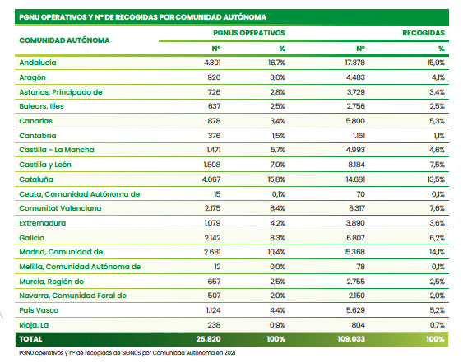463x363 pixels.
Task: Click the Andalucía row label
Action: [38, 63]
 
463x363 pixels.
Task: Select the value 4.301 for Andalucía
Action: [212, 63]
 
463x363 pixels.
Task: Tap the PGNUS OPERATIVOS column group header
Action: [249, 33]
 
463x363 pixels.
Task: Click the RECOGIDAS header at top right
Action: [424, 33]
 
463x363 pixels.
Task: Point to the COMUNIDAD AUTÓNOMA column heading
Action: [64, 40]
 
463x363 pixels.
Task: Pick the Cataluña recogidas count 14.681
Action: [355, 179]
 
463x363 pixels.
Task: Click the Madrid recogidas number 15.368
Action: [354, 252]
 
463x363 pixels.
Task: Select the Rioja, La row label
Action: [34, 325]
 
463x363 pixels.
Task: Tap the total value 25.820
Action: [208, 339]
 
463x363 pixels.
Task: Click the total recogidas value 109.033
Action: [351, 339]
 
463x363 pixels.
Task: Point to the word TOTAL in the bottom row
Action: [30, 339]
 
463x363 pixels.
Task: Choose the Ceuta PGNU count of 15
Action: [217, 194]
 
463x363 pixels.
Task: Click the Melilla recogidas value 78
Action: [360, 267]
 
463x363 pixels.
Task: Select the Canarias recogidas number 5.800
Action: [355, 121]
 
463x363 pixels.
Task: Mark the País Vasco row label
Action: [39, 310]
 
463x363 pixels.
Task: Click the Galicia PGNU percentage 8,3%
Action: [277, 238]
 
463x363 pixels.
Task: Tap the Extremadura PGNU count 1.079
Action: [212, 223]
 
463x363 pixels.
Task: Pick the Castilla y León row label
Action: [45, 165]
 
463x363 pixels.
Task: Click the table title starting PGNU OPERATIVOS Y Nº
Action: [142, 17]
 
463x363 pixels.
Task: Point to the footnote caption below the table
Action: [127, 352]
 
